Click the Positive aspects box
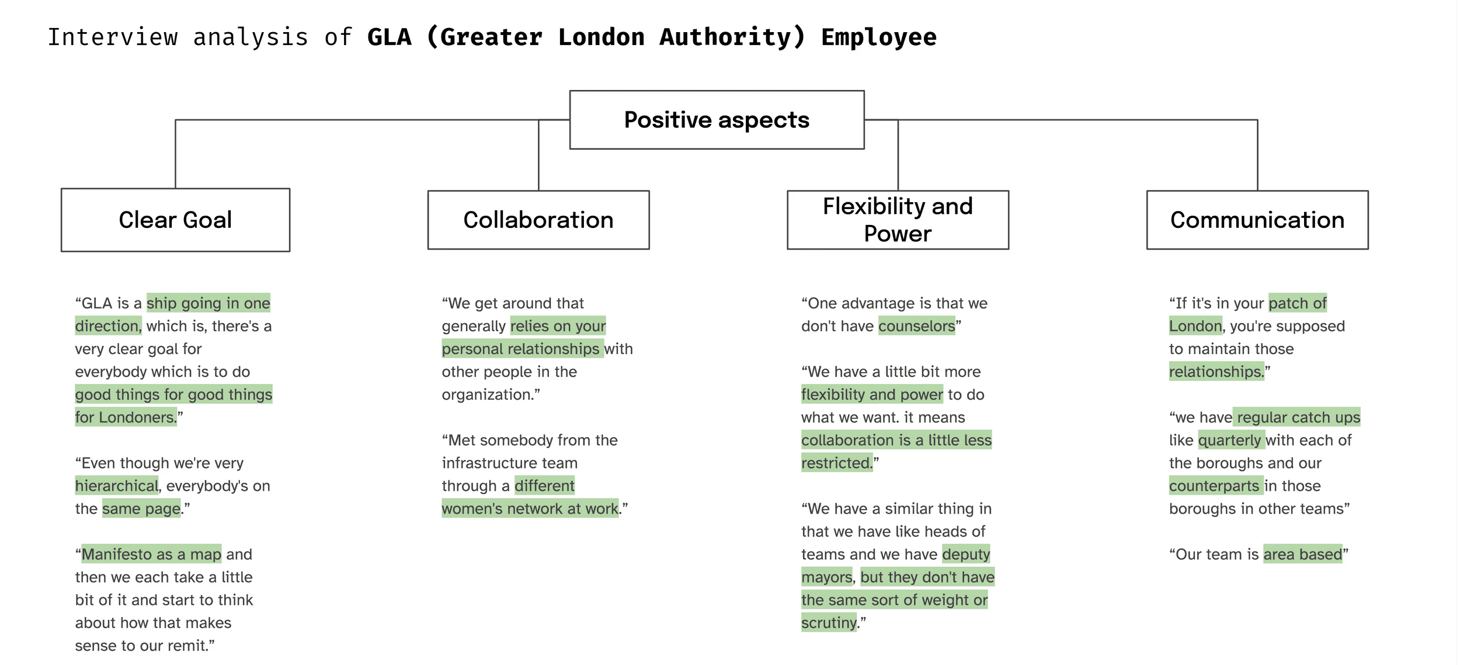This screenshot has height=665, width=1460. tap(717, 120)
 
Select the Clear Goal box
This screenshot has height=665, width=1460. tap(175, 220)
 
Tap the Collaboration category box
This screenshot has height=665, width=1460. tap(538, 220)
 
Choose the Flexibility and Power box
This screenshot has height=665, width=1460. tap(898, 220)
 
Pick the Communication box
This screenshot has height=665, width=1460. tap(1257, 220)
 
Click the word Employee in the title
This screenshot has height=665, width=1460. tap(878, 37)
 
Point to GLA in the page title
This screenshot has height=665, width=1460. tap(390, 37)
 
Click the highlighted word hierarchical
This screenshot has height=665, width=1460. tap(116, 486)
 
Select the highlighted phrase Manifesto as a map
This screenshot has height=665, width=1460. tap(151, 554)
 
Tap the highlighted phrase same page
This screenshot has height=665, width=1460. tap(141, 508)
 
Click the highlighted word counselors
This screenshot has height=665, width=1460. tap(916, 326)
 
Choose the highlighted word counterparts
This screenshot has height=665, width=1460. tap(1214, 486)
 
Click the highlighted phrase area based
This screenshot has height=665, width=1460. tap(1302, 554)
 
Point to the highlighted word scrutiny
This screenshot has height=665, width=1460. tap(828, 623)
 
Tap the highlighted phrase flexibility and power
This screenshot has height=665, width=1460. tap(871, 394)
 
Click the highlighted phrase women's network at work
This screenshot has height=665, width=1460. tap(530, 508)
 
